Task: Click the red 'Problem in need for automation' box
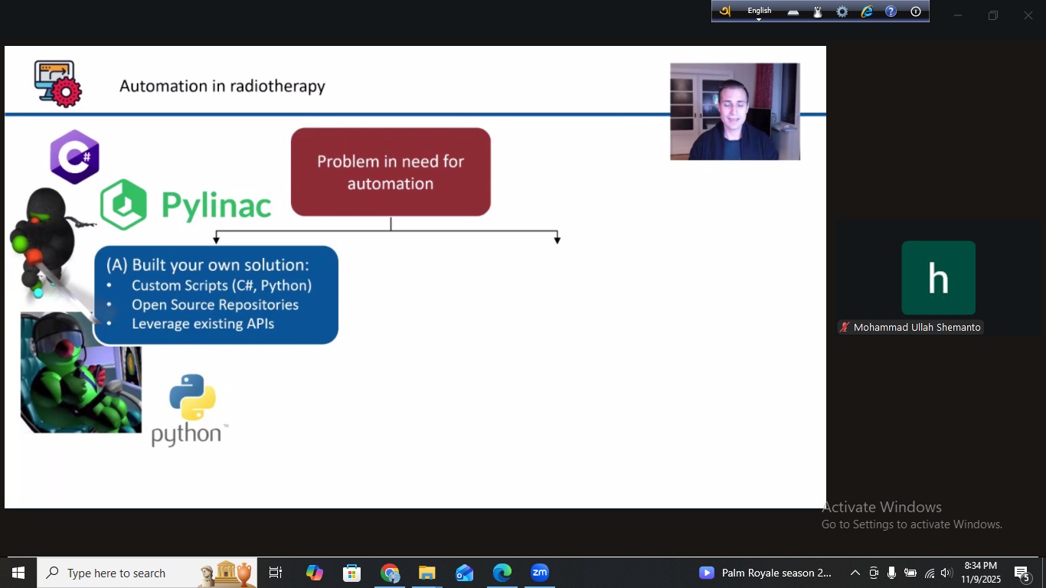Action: [x=391, y=172]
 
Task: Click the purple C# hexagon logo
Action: [x=74, y=157]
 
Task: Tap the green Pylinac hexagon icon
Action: [x=124, y=204]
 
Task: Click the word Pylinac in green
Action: [x=217, y=205]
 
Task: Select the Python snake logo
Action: [x=192, y=397]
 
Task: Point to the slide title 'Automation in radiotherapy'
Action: [x=222, y=86]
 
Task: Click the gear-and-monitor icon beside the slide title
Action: [x=57, y=83]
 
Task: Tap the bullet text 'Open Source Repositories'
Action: [x=215, y=305]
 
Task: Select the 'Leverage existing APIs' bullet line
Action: [x=203, y=324]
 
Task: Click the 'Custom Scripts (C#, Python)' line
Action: [x=221, y=286]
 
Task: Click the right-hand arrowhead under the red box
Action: [x=557, y=240]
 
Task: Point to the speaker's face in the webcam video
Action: [x=732, y=107]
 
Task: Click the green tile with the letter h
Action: [x=938, y=278]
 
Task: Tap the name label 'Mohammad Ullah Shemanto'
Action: [x=917, y=327]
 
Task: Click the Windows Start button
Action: [x=18, y=573]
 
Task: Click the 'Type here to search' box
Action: [x=116, y=573]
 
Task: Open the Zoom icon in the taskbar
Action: [x=540, y=573]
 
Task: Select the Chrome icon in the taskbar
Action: [x=390, y=573]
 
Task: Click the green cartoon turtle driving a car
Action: [x=80, y=375]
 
